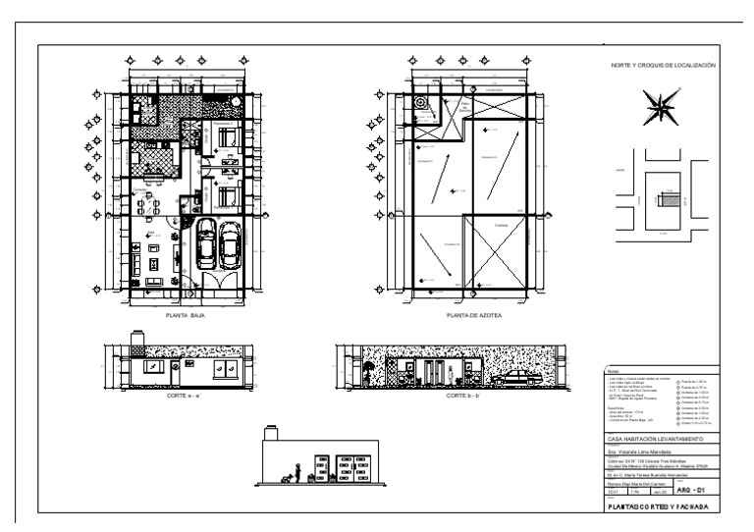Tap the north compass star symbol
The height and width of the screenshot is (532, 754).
click(x=657, y=107)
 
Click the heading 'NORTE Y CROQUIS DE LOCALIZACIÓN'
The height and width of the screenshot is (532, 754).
click(x=664, y=65)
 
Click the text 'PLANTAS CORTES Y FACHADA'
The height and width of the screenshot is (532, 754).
click(x=659, y=506)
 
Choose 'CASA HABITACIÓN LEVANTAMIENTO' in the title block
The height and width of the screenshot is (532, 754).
click(x=655, y=438)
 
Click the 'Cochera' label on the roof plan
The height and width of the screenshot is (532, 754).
click(x=501, y=225)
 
